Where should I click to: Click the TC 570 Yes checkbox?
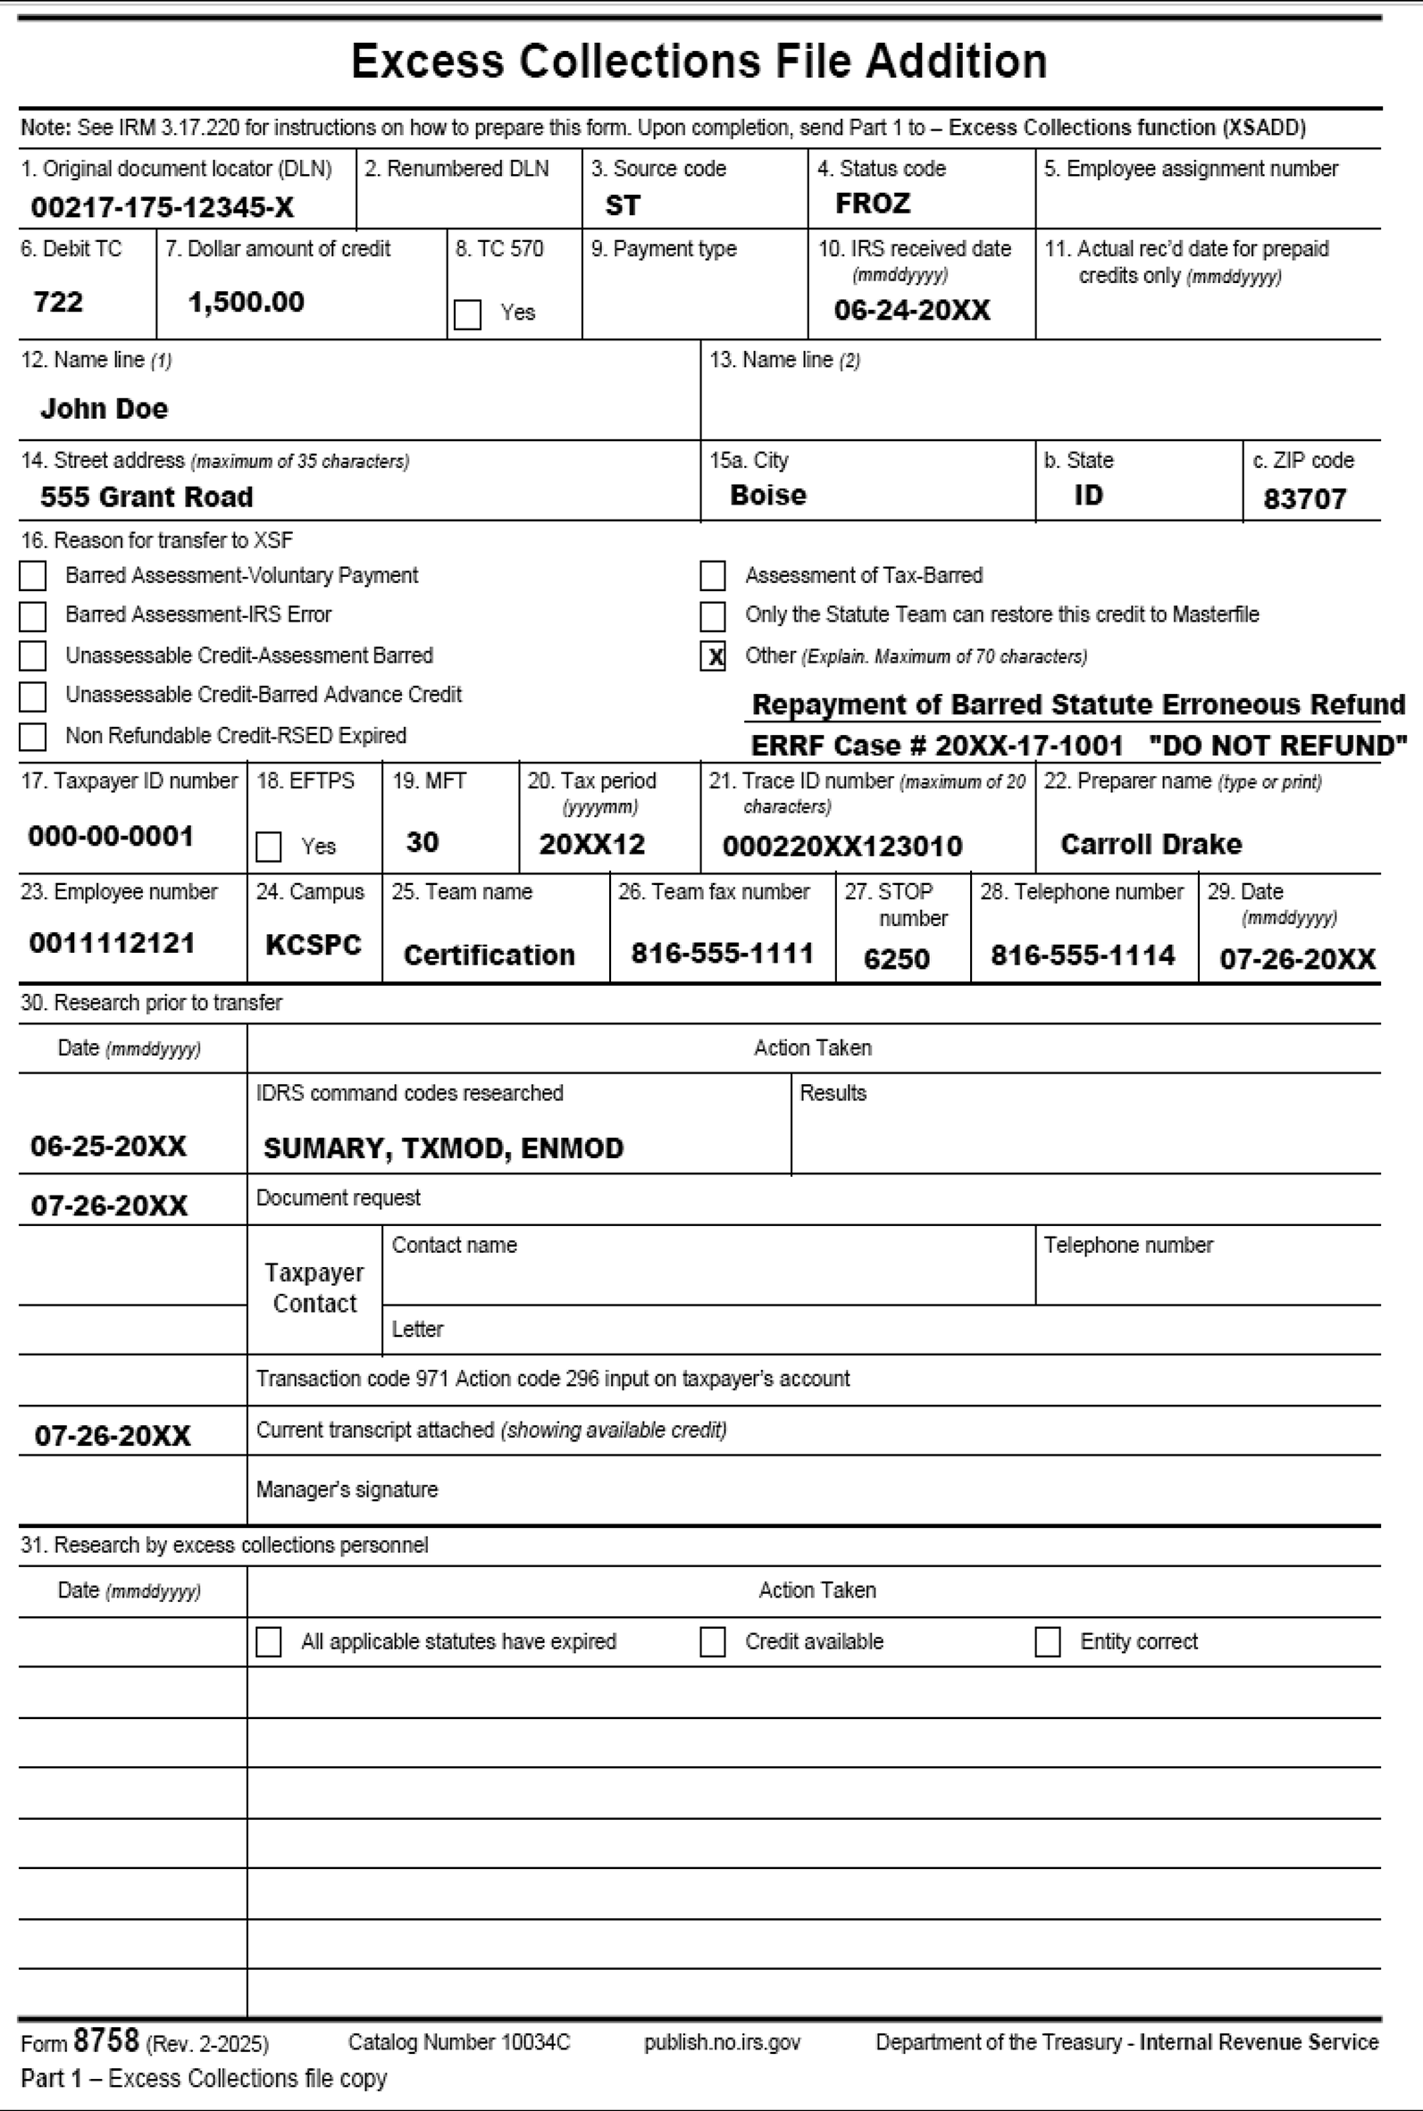467,315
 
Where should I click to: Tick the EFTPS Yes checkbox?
269,847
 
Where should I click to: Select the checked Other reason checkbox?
714,655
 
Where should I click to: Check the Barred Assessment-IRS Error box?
33,616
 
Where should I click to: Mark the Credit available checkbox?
713,1641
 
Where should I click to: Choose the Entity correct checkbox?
1047,1641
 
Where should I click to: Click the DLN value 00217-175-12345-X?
163,208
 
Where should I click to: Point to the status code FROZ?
872,204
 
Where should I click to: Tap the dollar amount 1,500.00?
246,302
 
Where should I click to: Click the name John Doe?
104,408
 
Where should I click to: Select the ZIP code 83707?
1304,498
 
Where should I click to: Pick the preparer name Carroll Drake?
1150,845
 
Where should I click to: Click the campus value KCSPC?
314,945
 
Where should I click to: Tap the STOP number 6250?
896,959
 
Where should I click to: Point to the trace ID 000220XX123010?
841,847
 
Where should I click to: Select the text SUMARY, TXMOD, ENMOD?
443,1148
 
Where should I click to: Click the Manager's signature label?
347,1489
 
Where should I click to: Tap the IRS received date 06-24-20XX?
911,310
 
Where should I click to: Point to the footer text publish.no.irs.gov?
722,2042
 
